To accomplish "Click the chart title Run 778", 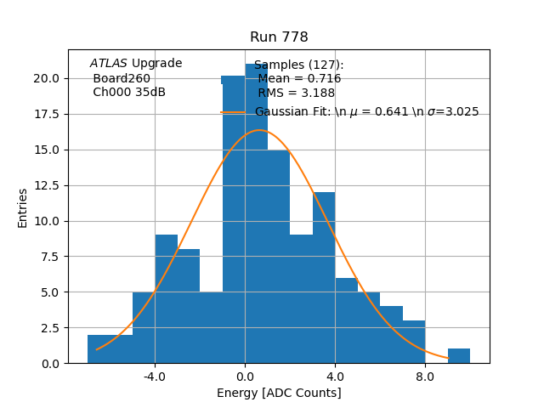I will pos(279,37).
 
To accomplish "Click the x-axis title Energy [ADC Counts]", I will pos(279,393).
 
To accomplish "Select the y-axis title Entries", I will pos(23,207).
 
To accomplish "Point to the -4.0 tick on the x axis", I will pos(155,375).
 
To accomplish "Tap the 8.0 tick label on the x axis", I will pos(425,375).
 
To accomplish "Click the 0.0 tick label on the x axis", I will pos(245,375).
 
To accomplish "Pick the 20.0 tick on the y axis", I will pos(46,78).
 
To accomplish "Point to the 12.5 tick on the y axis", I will pos(46,185).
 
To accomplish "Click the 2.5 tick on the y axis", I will pos(48,327).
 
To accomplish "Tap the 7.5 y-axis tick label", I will pos(48,257).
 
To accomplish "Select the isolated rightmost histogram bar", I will pos(458,356).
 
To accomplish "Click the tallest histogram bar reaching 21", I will pos(256,212).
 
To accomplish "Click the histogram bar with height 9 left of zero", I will pos(166,298).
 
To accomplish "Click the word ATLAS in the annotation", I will pos(109,64).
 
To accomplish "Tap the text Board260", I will pos(122,78).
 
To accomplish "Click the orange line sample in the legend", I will pos(233,112).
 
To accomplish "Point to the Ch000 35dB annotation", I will pos(129,93).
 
